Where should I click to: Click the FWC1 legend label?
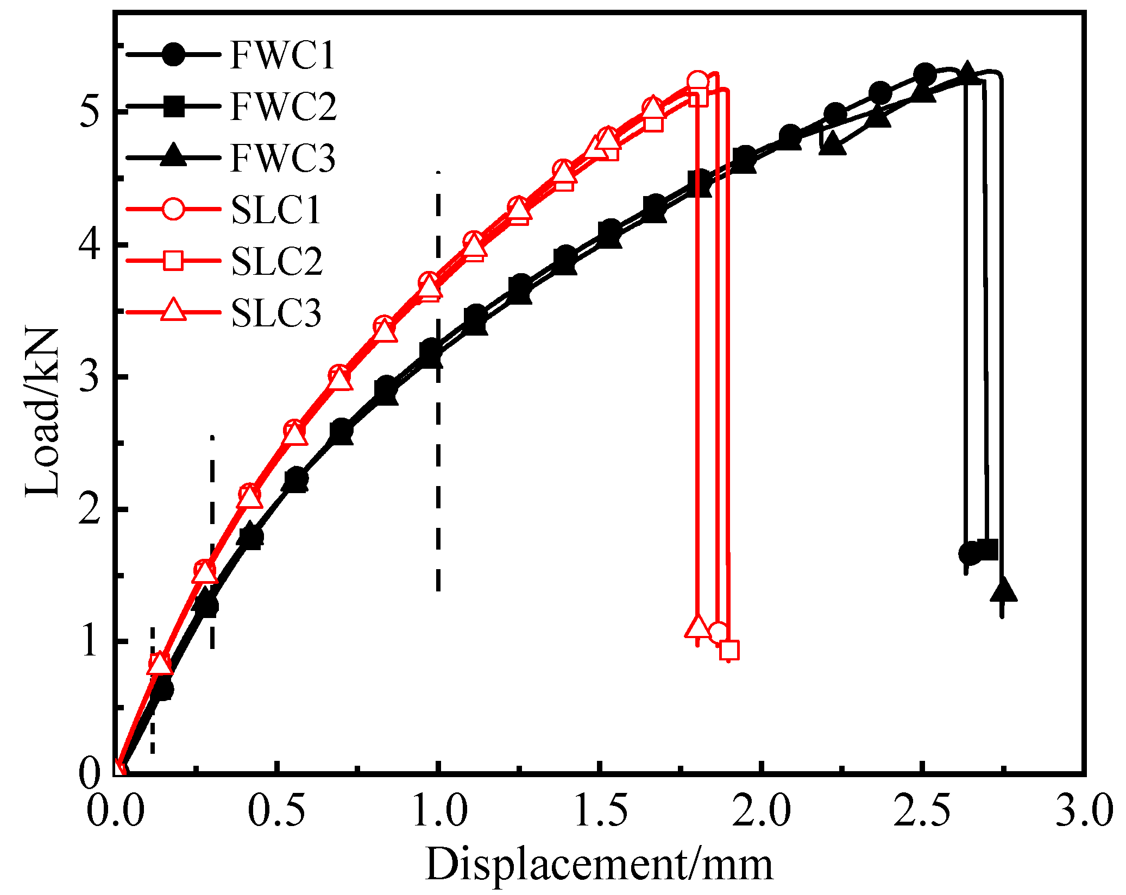282,55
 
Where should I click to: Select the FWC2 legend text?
283,106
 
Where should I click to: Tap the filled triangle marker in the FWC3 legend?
173,155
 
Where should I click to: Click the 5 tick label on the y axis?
90,112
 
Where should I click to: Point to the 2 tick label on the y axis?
90,509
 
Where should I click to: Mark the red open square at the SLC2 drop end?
729,650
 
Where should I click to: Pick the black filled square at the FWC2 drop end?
987,549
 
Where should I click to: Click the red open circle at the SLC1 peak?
697,82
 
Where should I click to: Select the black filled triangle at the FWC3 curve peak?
966,72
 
